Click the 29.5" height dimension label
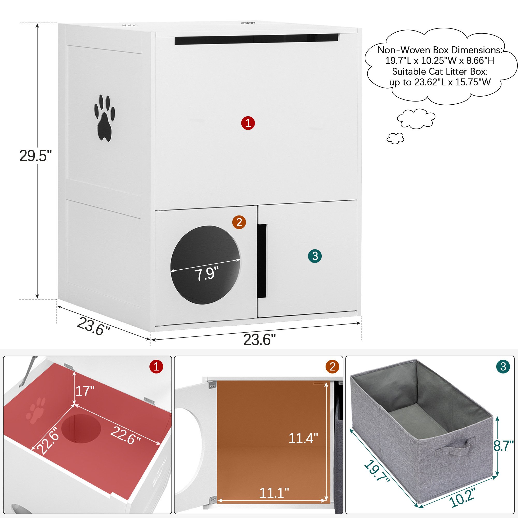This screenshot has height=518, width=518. coord(35,156)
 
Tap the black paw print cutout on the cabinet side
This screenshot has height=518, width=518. coord(104,118)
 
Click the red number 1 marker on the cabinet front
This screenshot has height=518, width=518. coord(248,123)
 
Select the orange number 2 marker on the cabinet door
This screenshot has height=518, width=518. coord(239,222)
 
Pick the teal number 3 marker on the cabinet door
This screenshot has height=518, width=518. coord(315,256)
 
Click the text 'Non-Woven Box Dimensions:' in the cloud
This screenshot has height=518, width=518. coord(440,50)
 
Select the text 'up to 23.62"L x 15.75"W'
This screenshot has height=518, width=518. coord(440,82)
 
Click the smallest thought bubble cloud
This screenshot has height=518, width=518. coord(395,138)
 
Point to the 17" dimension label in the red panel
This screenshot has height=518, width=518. coord(85,391)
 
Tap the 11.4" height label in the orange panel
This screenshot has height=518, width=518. coord(303,438)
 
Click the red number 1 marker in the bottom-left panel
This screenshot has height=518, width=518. coord(157,366)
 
